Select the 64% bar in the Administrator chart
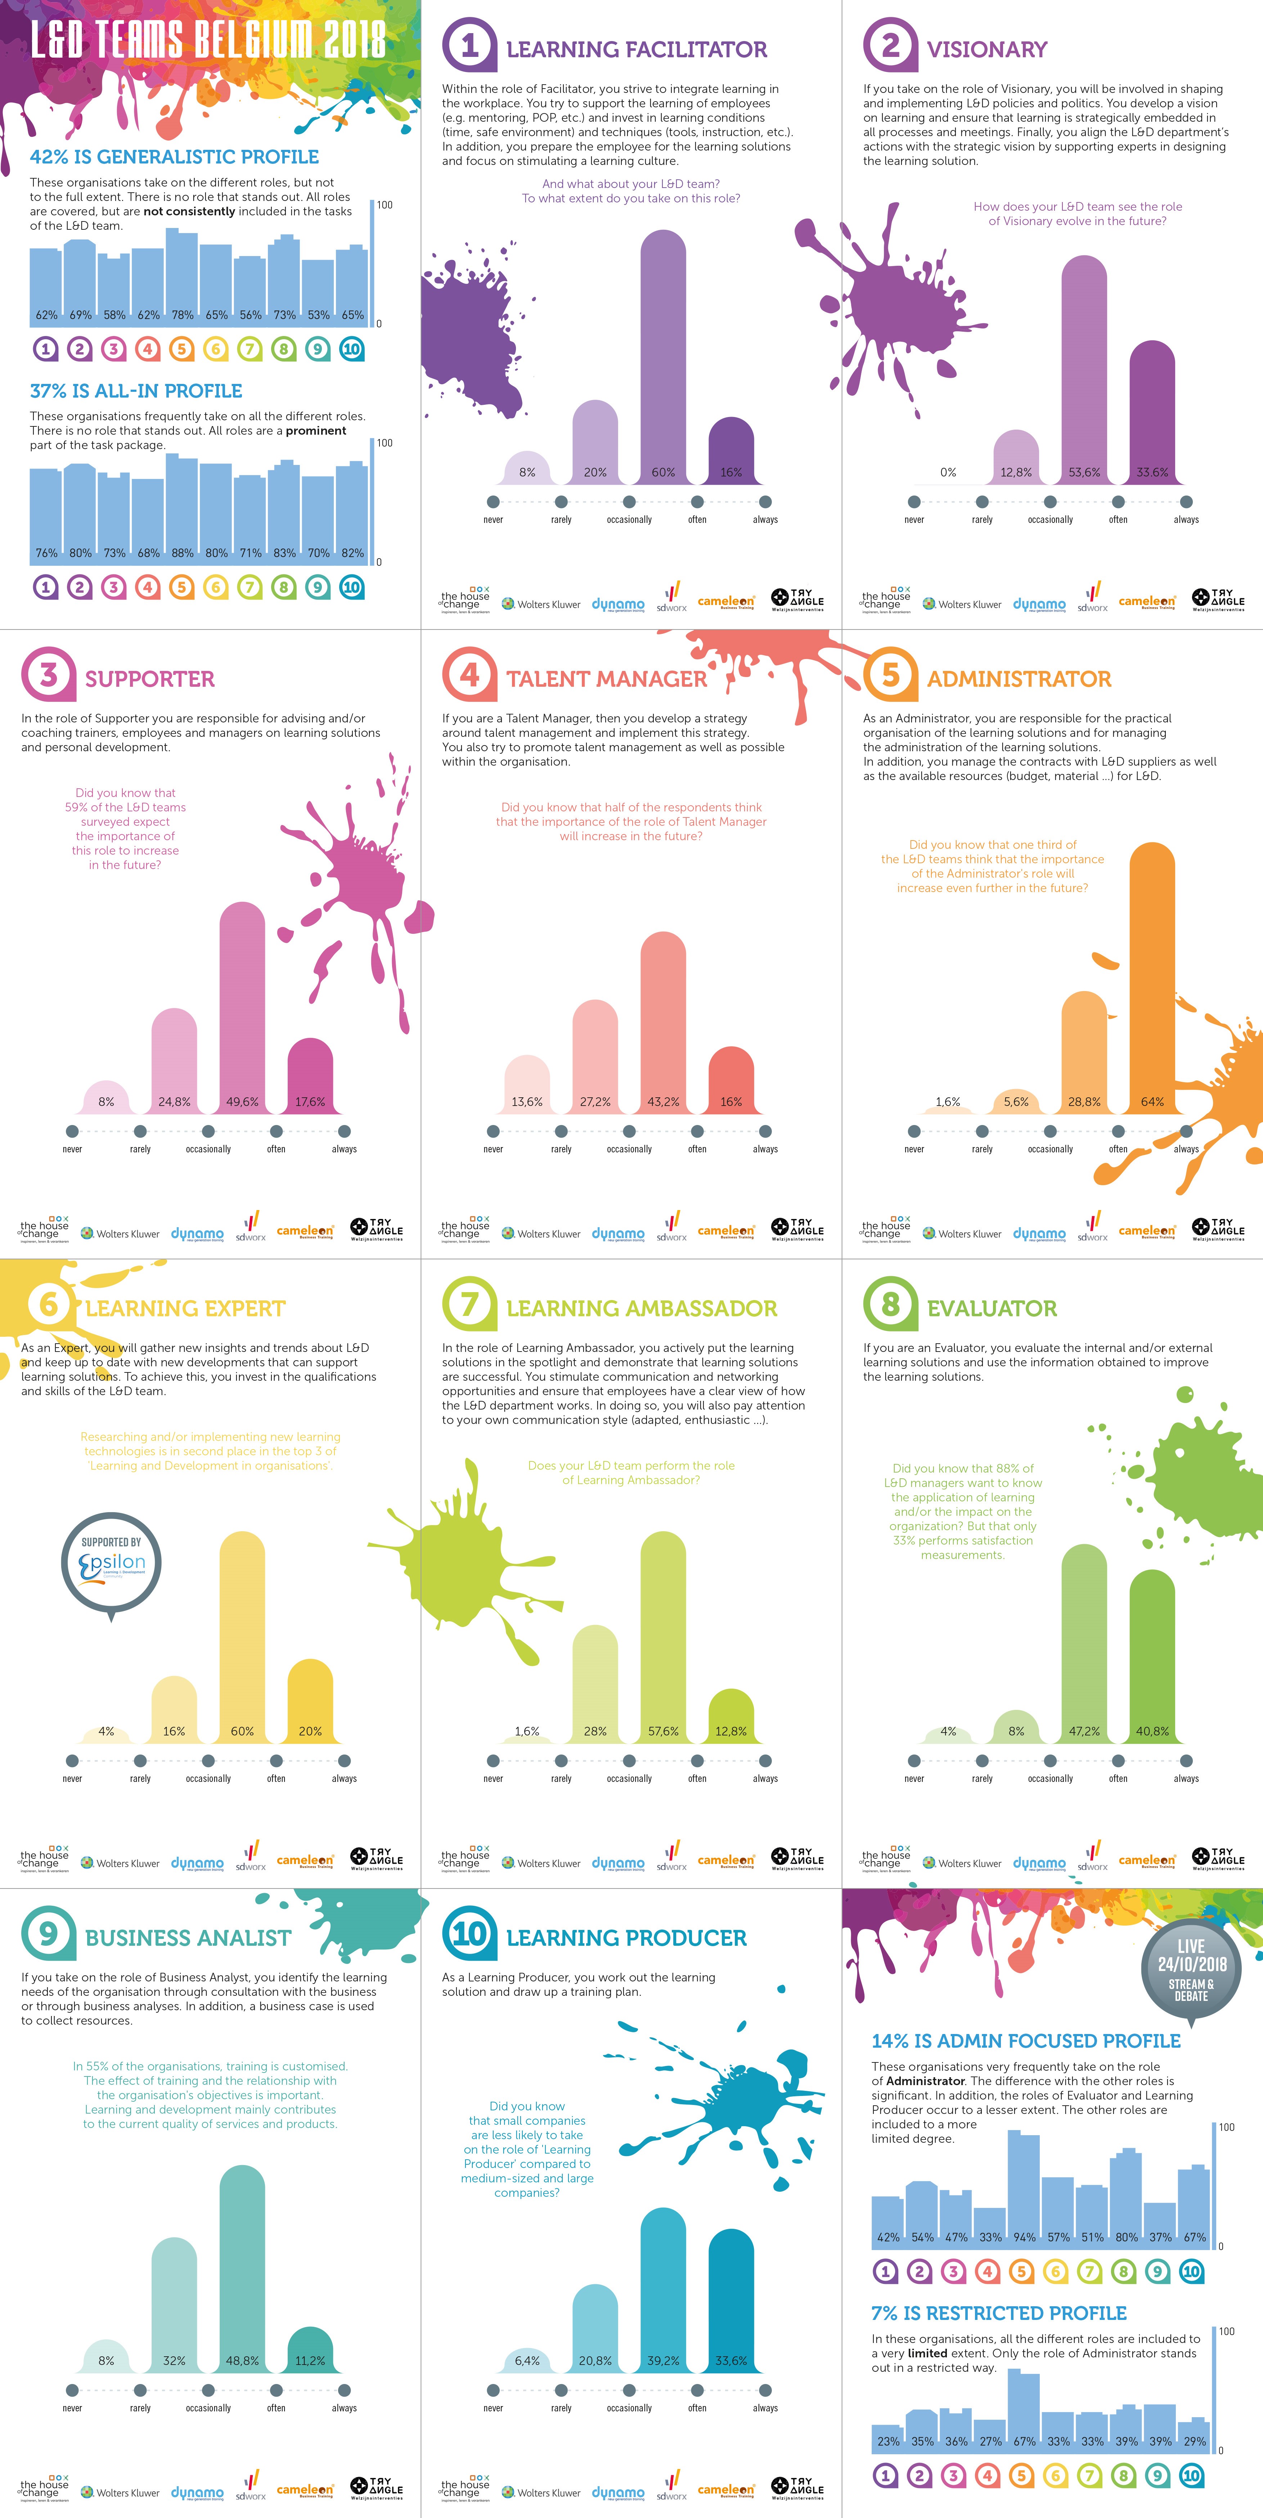(1151, 977)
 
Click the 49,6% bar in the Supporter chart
(242, 1007)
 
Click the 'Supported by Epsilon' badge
(112, 1562)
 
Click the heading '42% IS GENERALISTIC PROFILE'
(174, 156)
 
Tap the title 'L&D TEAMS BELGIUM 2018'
(207, 41)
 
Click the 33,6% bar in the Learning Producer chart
(731, 2297)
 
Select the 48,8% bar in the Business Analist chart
(242, 2268)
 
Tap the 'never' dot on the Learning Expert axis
(72, 1760)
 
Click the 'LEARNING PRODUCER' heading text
(626, 1937)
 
